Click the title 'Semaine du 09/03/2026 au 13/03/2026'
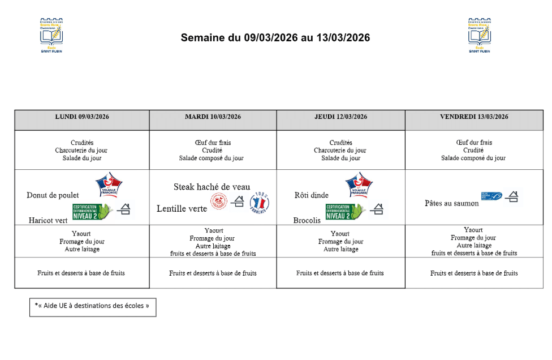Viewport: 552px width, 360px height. pos(275,38)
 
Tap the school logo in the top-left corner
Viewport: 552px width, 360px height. pos(51,35)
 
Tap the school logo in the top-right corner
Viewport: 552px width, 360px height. pos(480,35)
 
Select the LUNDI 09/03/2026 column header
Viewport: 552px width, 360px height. pos(82,117)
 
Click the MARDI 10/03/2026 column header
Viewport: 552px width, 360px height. pos(213,117)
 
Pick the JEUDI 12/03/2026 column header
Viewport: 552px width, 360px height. pos(340,117)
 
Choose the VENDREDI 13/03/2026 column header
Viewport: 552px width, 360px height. pos(473,117)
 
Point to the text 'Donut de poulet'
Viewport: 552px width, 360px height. pos(53,195)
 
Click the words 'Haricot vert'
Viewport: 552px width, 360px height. pos(48,220)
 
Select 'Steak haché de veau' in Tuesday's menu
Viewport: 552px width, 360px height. pos(212,187)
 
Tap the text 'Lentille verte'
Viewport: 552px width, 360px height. pos(182,209)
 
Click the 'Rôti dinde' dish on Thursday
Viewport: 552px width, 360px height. pos(311,195)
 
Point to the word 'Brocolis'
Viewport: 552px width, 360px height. pos(307,220)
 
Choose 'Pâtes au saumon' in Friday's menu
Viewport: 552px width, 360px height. pos(451,203)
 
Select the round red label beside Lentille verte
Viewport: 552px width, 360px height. pos(219,202)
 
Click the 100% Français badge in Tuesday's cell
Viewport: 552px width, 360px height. pos(260,202)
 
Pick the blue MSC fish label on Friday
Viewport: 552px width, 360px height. pos(491,196)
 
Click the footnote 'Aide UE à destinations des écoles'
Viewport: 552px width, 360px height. pos(92,306)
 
